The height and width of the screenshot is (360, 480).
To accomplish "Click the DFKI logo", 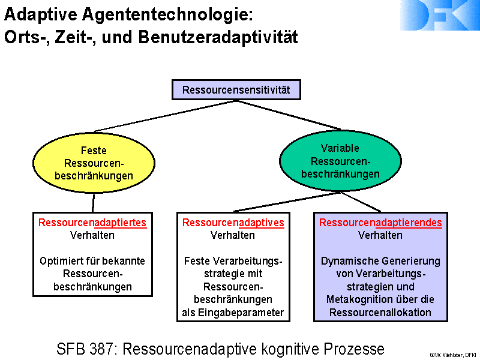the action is tap(440, 15).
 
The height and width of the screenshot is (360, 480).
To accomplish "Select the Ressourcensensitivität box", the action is tap(236, 89).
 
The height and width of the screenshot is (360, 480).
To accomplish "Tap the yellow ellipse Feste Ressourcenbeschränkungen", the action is tap(94, 163).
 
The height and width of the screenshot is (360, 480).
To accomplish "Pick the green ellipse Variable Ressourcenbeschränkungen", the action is tap(340, 161).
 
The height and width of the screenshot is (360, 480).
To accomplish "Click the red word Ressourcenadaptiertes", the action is tap(92, 223).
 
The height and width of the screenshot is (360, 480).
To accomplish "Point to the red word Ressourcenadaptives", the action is tap(233, 223).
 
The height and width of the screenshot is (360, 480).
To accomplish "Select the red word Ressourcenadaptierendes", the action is tap(380, 223).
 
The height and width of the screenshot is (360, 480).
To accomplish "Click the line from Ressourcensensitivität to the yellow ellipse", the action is tap(165, 116).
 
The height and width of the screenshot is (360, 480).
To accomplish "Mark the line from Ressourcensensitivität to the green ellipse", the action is tap(289, 115).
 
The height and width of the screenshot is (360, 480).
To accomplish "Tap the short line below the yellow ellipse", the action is tap(94, 203).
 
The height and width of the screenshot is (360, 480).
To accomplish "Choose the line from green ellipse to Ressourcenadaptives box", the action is tap(287, 202).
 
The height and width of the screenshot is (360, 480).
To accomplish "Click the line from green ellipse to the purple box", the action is tap(361, 202).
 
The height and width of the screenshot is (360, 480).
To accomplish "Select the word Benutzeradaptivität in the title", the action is tap(218, 37).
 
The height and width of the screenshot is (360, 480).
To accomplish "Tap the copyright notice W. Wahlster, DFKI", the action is tap(452, 355).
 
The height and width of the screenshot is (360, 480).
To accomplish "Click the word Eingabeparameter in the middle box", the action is tap(241, 313).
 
